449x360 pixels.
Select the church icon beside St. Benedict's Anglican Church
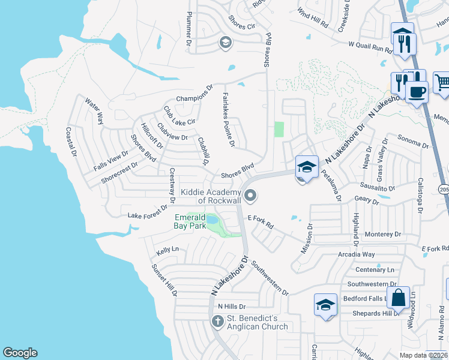(217, 322)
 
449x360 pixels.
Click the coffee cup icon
(417, 92)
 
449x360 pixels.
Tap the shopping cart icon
(442, 81)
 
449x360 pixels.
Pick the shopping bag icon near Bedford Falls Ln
(398, 297)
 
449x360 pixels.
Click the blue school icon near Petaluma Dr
(307, 166)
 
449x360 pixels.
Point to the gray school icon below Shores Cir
(225, 42)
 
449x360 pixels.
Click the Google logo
(20, 353)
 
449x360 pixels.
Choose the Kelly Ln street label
(167, 249)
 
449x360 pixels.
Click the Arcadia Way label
(357, 254)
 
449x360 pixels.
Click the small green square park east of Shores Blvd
(278, 129)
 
